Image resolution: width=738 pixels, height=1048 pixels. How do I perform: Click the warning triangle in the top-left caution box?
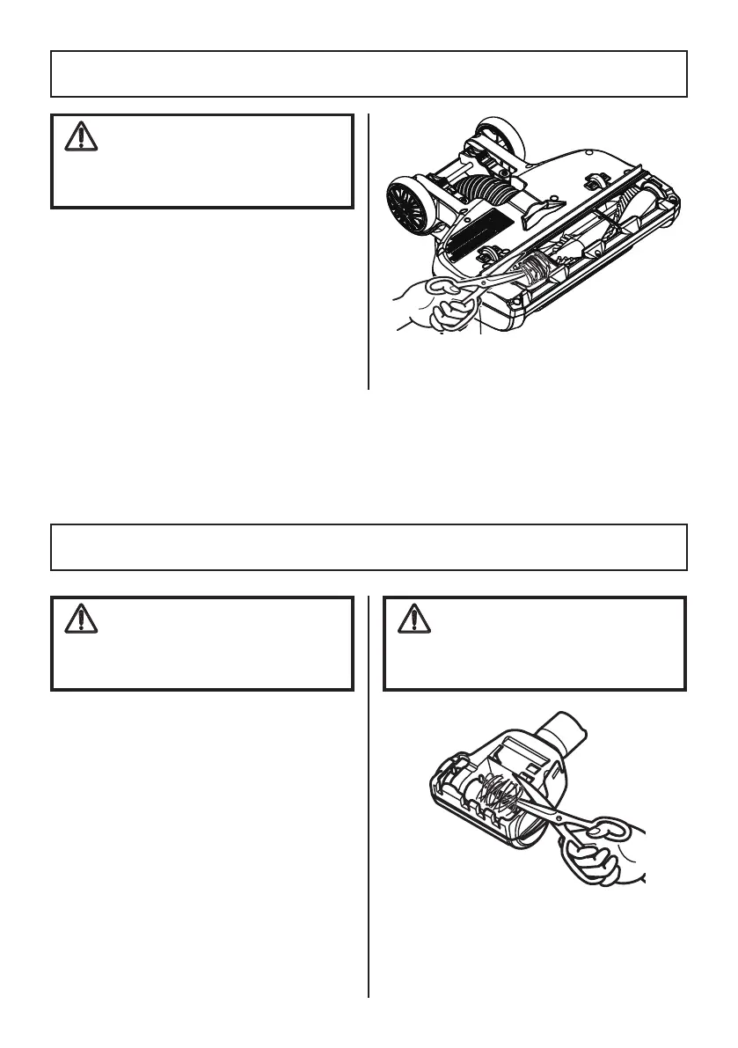click(80, 136)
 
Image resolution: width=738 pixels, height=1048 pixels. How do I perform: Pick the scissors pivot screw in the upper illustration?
click(483, 282)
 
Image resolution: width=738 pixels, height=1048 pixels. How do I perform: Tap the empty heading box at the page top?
click(369, 74)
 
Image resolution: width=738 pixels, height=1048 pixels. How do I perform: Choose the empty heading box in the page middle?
click(369, 547)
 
